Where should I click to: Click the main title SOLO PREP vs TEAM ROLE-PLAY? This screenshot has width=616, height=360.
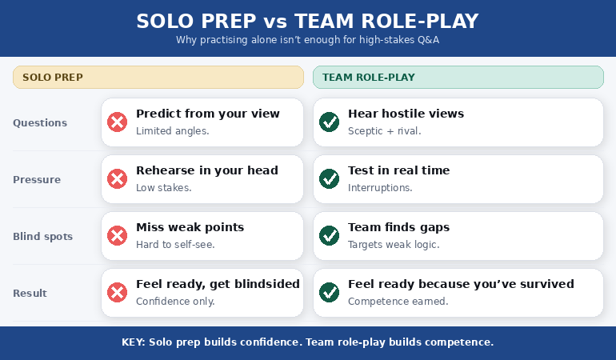(x=308, y=20)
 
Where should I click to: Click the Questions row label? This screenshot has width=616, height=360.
(x=40, y=122)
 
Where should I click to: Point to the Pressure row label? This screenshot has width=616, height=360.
(x=37, y=179)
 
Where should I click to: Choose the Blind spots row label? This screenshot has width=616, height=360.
(x=42, y=236)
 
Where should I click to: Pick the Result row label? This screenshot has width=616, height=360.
(x=30, y=293)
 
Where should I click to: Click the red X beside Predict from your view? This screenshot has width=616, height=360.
(x=118, y=122)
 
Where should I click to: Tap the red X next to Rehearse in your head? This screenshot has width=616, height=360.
(x=118, y=179)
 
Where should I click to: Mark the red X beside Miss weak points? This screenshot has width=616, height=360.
(x=118, y=236)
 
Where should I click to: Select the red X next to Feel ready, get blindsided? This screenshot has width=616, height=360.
(x=118, y=293)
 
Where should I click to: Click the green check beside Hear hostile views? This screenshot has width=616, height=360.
(x=329, y=122)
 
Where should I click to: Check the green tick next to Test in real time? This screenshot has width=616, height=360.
(x=329, y=179)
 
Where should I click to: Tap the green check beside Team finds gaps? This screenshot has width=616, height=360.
(x=329, y=236)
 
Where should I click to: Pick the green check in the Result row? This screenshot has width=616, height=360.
(x=329, y=293)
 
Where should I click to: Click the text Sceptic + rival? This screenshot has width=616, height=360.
(x=384, y=131)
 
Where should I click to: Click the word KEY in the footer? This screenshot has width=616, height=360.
(x=134, y=342)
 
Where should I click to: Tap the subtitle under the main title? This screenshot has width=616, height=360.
(x=308, y=40)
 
